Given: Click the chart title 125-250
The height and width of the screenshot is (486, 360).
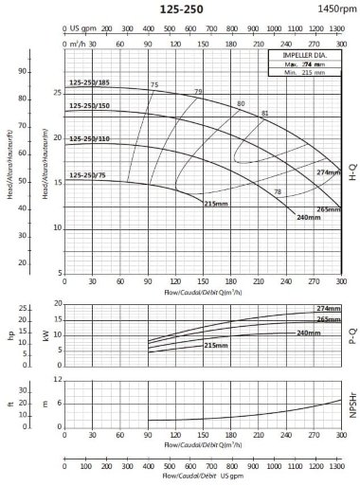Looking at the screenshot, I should click(x=181, y=9).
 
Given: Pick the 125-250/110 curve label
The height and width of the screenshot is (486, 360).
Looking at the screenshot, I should click(x=89, y=139).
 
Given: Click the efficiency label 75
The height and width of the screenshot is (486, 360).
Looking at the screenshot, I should click(x=153, y=85).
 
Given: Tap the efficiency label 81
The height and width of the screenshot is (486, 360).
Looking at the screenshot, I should click(x=264, y=113).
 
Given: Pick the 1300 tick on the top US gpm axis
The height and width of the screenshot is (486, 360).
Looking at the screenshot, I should click(x=338, y=28).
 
